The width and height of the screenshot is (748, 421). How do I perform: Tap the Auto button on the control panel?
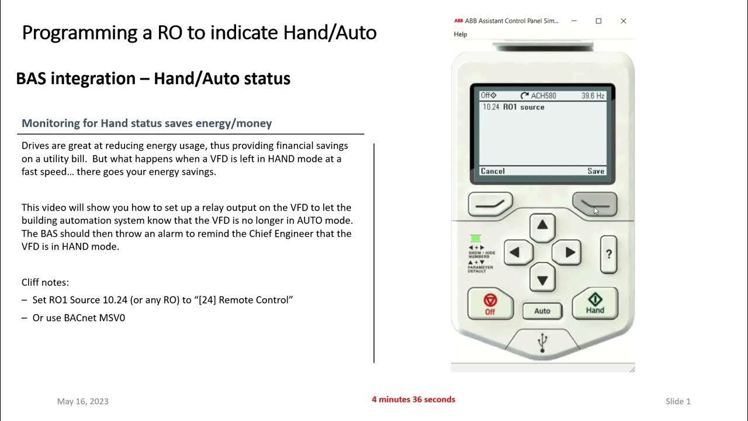[542, 310]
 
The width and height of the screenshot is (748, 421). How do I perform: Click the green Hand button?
[595, 303]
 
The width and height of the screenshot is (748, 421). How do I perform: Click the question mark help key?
[608, 254]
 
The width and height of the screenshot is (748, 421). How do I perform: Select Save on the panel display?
[595, 171]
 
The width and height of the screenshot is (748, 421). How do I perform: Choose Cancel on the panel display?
[493, 171]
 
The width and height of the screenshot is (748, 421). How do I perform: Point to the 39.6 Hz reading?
[593, 95]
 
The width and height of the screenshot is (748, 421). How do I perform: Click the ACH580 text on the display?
[543, 95]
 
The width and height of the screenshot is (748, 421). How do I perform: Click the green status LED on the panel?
[475, 238]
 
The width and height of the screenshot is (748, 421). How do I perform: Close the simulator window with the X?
[624, 21]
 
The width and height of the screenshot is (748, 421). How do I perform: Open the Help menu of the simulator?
[460, 34]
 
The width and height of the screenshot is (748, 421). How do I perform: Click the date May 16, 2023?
[83, 401]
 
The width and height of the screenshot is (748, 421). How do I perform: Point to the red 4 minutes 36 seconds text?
[413, 399]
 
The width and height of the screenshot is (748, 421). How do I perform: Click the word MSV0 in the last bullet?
[113, 318]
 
